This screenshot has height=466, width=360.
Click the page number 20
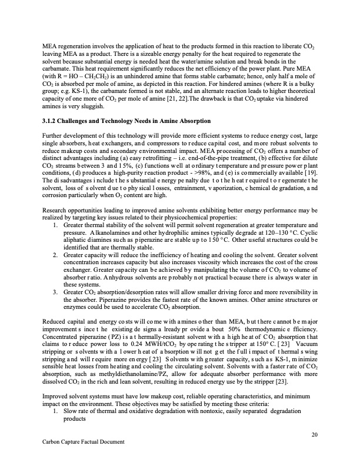click(x=315, y=435)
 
